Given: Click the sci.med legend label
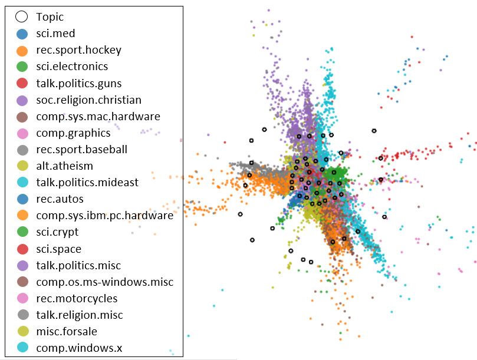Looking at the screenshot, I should click(55, 34).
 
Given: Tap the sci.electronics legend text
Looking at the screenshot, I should click(72, 67).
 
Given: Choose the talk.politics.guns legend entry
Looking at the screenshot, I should click(79, 84).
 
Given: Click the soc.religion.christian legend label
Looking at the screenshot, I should click(88, 100).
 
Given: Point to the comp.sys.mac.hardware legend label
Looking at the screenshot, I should click(98, 117).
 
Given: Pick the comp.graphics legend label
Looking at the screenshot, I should click(73, 133).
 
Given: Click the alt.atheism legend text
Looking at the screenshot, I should click(64, 166).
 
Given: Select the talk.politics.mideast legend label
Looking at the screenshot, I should click(87, 183).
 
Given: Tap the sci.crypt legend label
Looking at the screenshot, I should click(57, 232).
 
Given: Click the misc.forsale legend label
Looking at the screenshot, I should click(67, 332).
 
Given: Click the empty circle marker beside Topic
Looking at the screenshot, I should click(22, 17).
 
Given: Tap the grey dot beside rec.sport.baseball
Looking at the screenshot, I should click(22, 150).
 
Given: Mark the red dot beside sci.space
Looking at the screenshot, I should click(22, 249).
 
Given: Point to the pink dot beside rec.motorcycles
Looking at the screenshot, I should click(22, 299).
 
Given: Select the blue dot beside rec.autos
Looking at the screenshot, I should click(22, 199).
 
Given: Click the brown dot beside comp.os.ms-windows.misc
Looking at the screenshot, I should click(22, 282).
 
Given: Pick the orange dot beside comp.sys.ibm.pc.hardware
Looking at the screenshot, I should click(22, 216).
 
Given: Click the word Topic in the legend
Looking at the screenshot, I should click(50, 17).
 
